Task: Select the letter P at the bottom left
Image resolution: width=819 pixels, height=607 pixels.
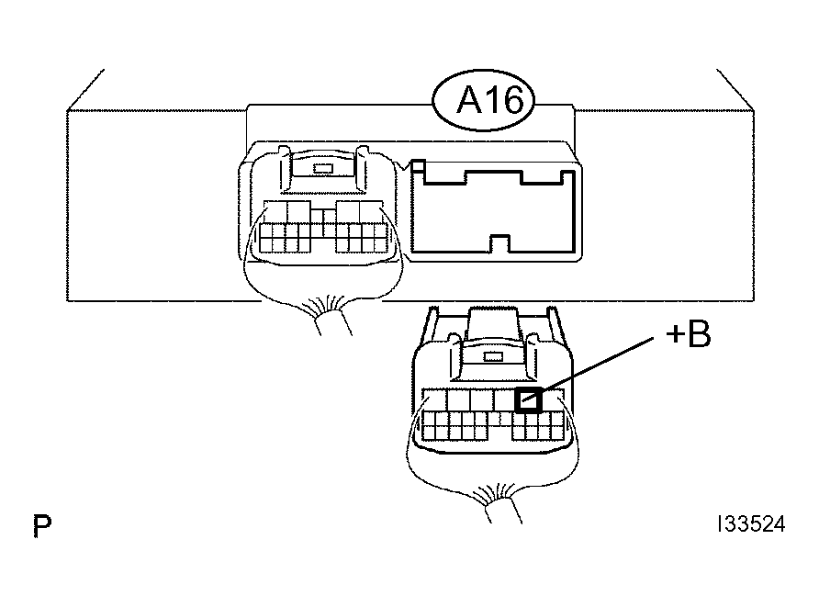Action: tap(42, 525)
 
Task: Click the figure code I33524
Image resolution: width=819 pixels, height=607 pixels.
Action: tap(752, 524)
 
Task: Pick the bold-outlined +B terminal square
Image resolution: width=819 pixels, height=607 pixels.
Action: tap(529, 400)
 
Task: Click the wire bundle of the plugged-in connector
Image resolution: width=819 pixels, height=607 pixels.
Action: tap(332, 320)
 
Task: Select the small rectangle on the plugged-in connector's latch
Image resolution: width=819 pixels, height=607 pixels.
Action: tap(322, 168)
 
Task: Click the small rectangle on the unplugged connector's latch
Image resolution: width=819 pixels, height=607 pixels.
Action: tap(493, 357)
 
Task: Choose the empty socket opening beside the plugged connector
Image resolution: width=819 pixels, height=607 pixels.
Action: tap(494, 211)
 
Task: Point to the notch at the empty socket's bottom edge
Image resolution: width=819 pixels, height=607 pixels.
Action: tap(499, 243)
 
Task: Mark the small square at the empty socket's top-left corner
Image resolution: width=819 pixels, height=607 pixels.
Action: tap(418, 166)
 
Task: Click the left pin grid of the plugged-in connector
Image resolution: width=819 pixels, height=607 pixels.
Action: tap(285, 238)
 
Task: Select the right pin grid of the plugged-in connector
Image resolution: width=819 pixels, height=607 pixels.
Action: tap(362, 238)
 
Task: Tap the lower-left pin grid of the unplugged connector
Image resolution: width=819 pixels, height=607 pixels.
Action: tap(455, 425)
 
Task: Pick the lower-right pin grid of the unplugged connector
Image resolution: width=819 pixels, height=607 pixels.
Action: tap(538, 425)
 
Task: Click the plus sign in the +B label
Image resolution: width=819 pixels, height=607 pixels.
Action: tap(676, 334)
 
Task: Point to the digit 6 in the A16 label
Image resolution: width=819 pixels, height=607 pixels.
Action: tap(511, 100)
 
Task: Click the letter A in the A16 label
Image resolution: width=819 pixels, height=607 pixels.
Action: tap(469, 100)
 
